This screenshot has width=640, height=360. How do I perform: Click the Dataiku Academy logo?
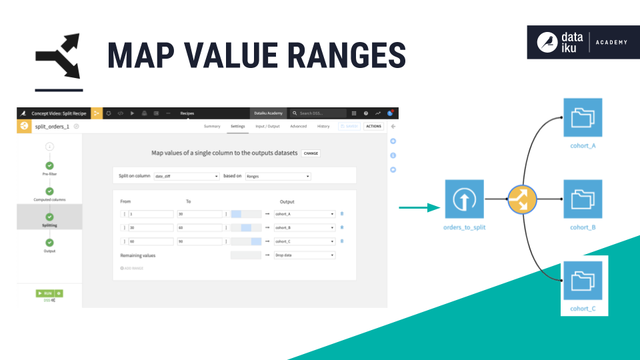click(x=583, y=42)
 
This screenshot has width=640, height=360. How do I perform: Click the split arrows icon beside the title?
click(x=58, y=56)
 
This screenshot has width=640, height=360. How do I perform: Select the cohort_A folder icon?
click(x=583, y=118)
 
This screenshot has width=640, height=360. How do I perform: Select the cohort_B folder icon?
click(x=583, y=199)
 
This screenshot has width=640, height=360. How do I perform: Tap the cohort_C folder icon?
click(x=583, y=280)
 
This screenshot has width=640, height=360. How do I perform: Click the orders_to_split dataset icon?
click(x=465, y=199)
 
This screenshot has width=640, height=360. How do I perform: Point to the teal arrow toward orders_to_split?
click(x=420, y=208)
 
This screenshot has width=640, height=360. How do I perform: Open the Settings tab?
click(x=238, y=126)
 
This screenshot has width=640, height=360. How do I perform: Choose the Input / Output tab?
click(x=268, y=126)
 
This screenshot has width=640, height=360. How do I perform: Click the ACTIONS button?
click(x=374, y=126)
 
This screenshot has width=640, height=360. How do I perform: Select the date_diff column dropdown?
click(x=186, y=176)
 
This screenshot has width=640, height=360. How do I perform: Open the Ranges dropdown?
click(x=277, y=176)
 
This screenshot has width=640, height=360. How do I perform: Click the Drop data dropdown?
click(x=304, y=255)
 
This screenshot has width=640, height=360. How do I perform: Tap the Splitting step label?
click(x=49, y=225)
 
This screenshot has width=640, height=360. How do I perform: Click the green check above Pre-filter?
click(x=49, y=166)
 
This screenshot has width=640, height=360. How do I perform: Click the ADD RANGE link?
click(x=132, y=268)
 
